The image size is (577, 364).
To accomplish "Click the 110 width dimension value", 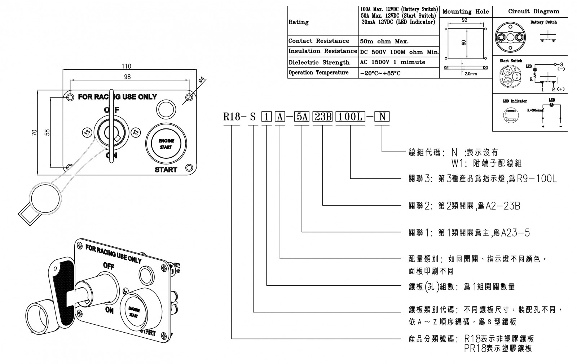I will (x=126, y=66).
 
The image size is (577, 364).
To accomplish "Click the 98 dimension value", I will (x=127, y=77).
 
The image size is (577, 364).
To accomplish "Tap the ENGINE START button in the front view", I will (x=166, y=144).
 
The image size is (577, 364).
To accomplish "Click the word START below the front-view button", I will (x=166, y=170).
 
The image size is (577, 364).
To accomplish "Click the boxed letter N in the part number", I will (x=382, y=117).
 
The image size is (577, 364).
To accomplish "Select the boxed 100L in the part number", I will (x=350, y=117).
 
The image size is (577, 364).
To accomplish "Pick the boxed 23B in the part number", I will (x=322, y=117).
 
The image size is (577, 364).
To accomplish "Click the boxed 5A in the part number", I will (x=302, y=117).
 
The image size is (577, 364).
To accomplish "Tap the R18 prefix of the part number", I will (x=232, y=117).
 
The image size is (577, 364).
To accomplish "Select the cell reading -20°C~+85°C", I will (x=380, y=73).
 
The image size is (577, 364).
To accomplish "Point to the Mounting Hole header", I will (x=466, y=12).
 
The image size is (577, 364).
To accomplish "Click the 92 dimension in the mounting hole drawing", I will (x=464, y=21).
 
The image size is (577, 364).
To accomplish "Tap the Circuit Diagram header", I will (x=533, y=11).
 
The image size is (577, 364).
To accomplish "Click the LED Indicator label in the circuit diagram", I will (x=515, y=101).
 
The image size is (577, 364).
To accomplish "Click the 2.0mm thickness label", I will (x=470, y=74).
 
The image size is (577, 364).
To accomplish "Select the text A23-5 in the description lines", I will (x=516, y=233).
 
